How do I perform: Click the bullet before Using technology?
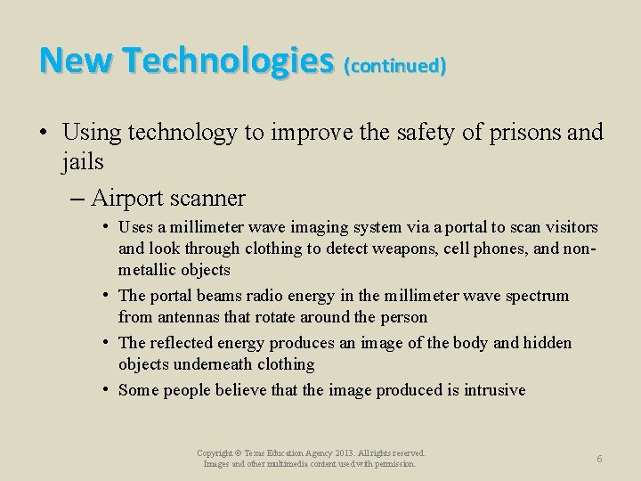44,134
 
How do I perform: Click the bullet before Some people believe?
106,389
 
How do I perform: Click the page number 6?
599,458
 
